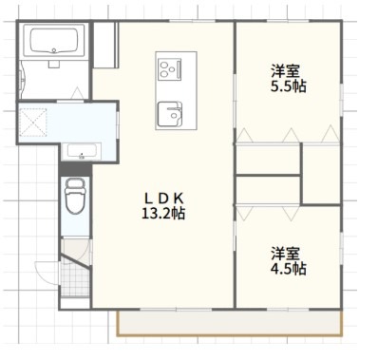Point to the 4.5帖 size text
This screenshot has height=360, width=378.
pos(287,269)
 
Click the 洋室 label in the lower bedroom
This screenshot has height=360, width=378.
pos(287,254)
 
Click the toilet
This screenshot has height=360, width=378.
pos(74,199)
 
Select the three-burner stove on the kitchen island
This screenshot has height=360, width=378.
pos(170,69)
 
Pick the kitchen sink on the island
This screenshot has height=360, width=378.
pos(170,112)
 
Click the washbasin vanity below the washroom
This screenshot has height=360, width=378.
pos(79,151)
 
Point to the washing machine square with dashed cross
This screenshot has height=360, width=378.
pos(35,124)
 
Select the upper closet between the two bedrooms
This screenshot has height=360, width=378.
pos(267,159)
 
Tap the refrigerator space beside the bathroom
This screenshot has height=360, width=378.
pos(104,42)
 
